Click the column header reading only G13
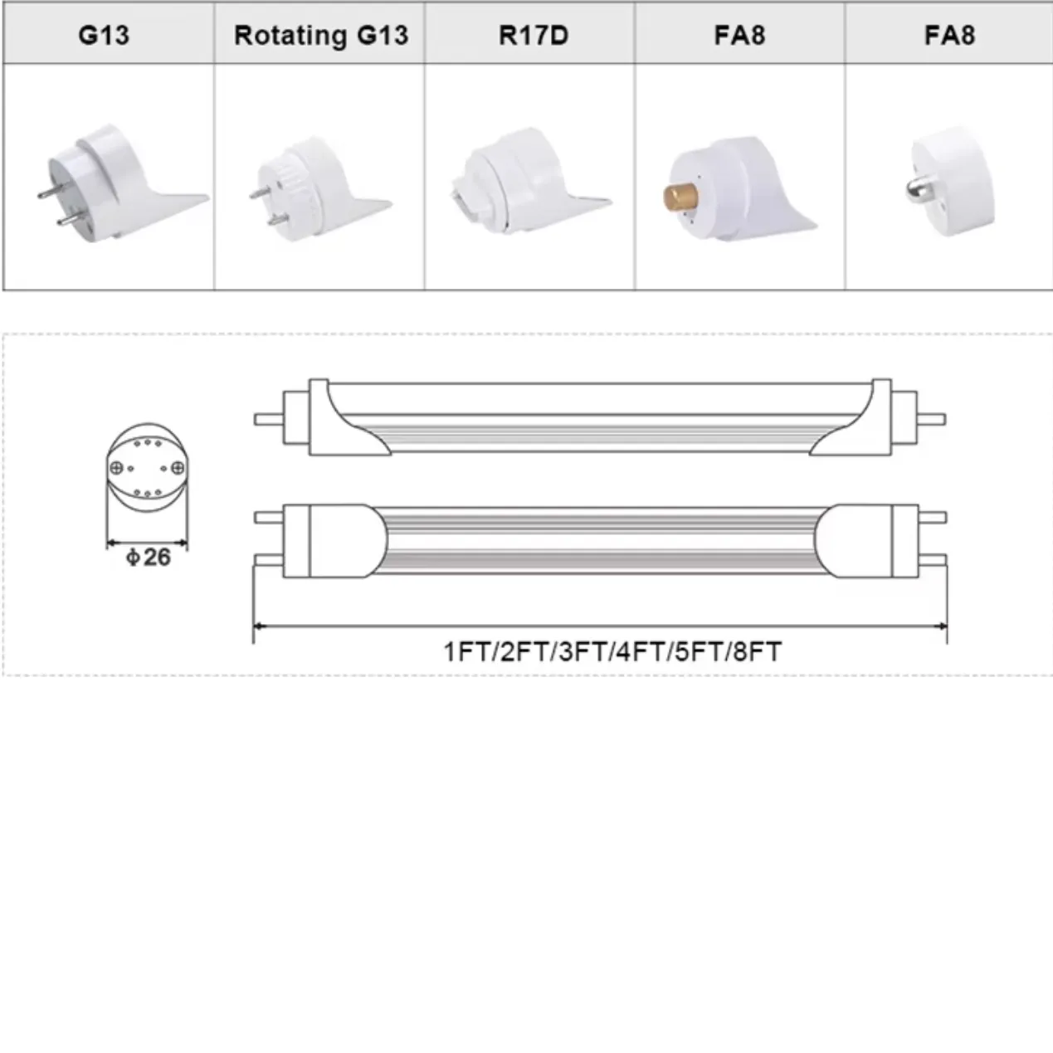[x=104, y=35]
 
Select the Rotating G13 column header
[x=320, y=35]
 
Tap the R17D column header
[x=533, y=35]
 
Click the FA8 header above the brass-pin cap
[x=739, y=35]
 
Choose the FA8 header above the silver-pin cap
[x=949, y=35]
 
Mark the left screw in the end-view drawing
[x=117, y=468]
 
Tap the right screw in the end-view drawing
[x=177, y=468]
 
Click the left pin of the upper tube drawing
[x=268, y=419]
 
